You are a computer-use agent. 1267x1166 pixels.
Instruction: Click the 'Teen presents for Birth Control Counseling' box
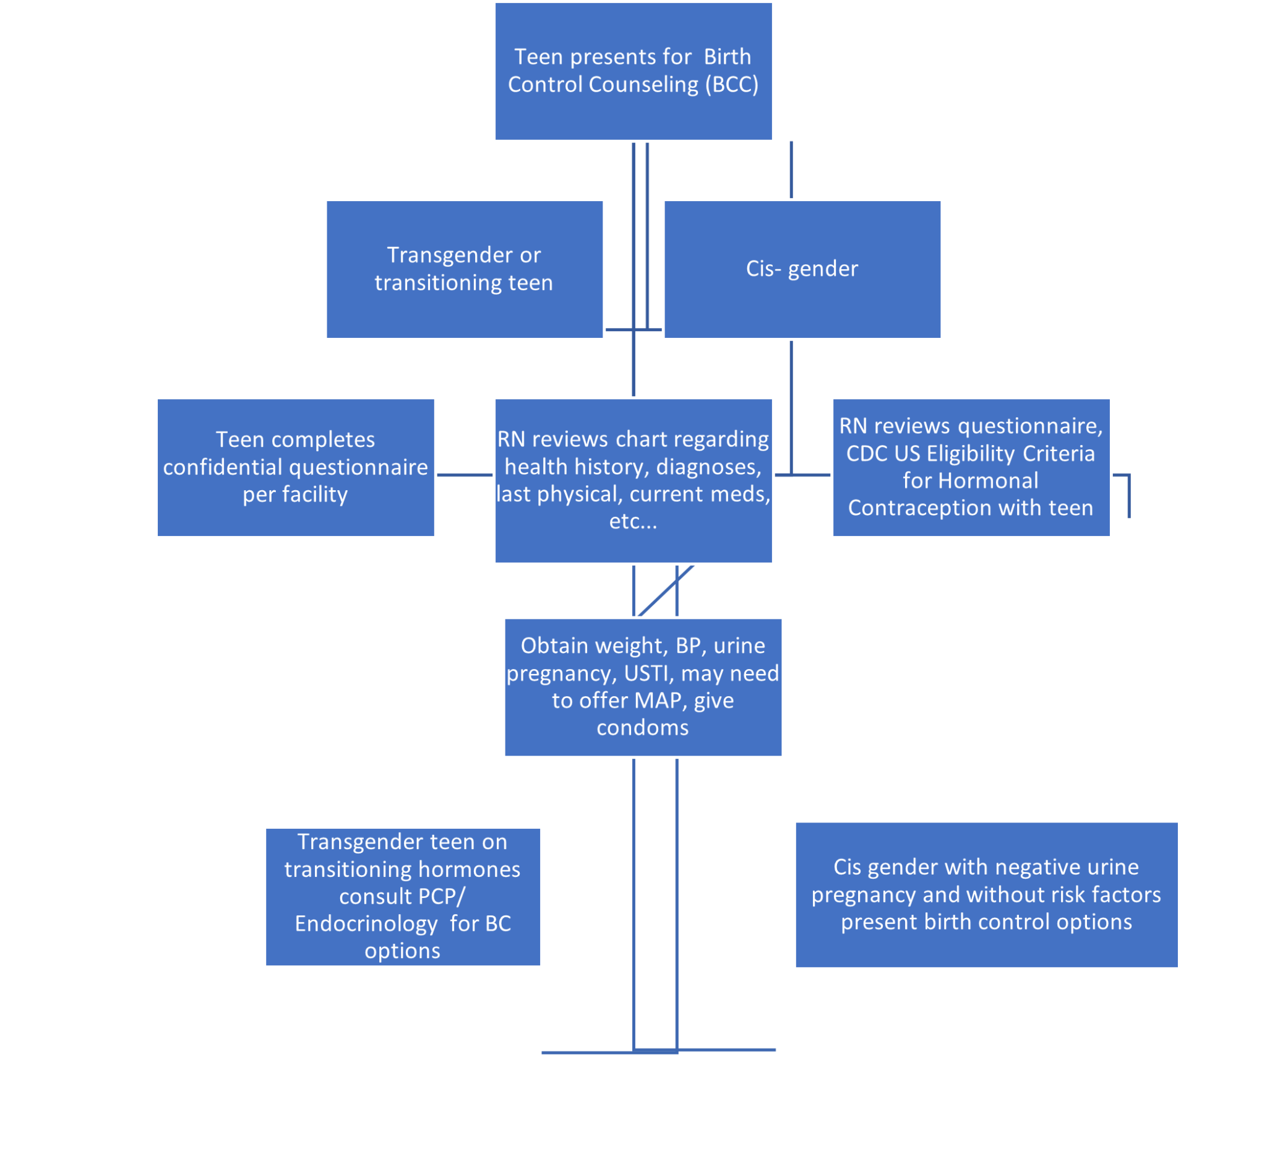pos(633,71)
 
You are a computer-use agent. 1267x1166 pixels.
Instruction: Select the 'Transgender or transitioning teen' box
pos(464,269)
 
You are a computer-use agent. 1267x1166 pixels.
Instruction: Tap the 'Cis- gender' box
pos(802,269)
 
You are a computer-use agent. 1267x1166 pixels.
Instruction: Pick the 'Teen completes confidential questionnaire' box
pos(295,467)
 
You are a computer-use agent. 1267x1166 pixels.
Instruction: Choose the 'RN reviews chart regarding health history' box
pos(633,480)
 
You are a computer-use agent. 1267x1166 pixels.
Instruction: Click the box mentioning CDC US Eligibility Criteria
pos(971,467)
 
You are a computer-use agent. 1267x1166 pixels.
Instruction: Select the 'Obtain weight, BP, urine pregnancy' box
pos(643,687)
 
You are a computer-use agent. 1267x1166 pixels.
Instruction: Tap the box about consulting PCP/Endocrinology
pos(402,897)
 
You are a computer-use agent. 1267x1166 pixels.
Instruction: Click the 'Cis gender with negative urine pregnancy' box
pos(986,895)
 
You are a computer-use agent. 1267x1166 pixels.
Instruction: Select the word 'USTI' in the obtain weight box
pos(649,674)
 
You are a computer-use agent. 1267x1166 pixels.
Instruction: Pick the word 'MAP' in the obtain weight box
pos(661,701)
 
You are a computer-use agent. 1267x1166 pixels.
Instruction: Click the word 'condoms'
pos(643,728)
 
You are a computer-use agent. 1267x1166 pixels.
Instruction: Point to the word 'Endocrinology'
pos(366,925)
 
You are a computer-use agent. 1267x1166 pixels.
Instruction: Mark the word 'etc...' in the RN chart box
pos(633,522)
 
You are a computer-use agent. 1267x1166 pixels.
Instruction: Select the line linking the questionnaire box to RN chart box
pos(465,475)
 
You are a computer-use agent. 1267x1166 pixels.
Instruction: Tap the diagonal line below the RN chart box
pos(665,590)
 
